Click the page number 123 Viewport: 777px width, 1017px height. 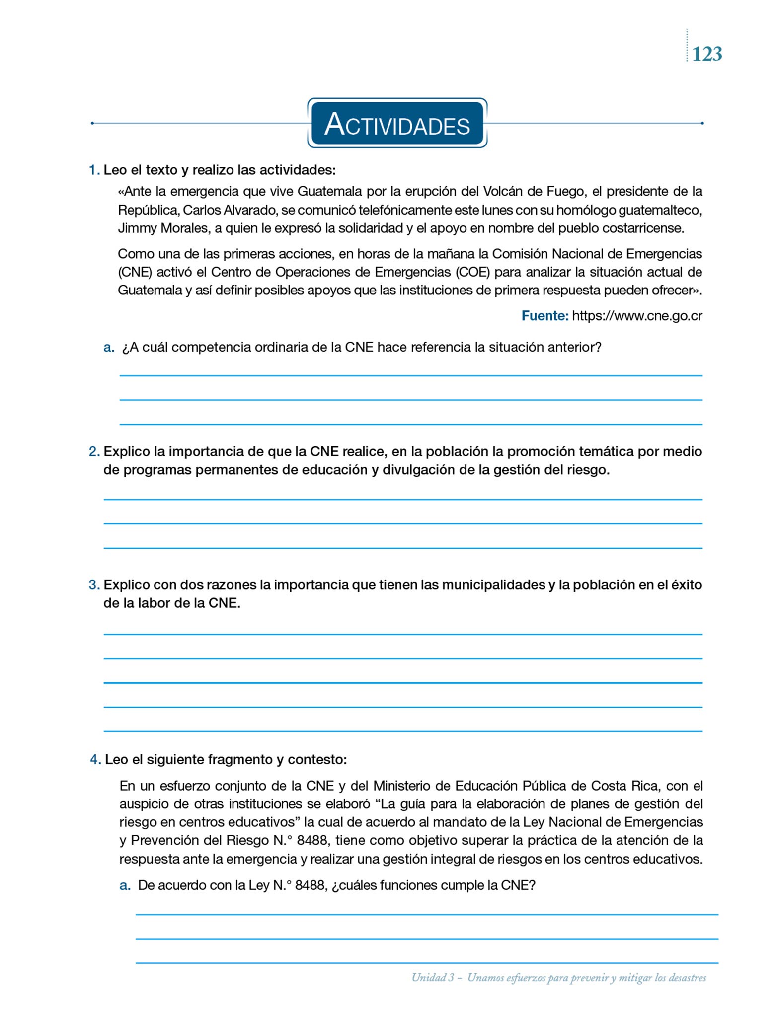click(x=706, y=54)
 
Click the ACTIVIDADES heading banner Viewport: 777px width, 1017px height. click(x=397, y=124)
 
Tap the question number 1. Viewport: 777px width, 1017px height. click(x=93, y=170)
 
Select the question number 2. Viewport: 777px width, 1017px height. click(x=94, y=452)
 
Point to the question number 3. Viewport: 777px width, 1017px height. click(x=94, y=585)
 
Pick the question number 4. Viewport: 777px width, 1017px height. click(x=95, y=760)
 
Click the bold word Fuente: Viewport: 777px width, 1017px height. click(x=544, y=316)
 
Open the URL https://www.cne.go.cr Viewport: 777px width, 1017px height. click(x=637, y=316)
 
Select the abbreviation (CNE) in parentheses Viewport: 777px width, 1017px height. click(x=135, y=272)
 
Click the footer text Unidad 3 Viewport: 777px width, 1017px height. click(x=433, y=978)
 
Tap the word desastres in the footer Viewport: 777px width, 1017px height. click(x=688, y=978)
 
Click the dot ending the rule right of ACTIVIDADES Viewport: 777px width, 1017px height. click(x=702, y=123)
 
